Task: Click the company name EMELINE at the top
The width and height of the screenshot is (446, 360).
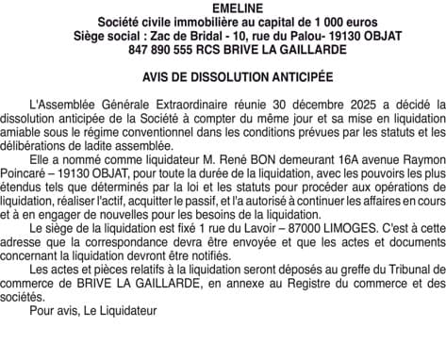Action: coord(223,7)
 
